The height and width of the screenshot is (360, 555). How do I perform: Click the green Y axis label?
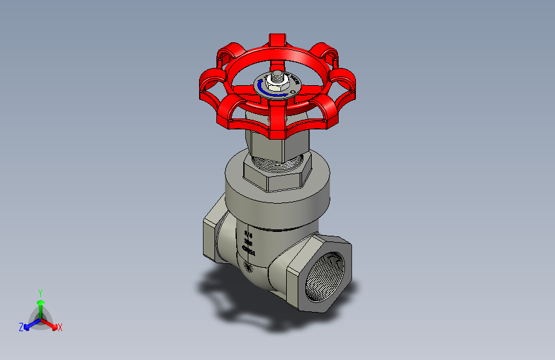(x=40, y=292)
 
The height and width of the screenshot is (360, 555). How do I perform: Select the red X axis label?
(x=60, y=327)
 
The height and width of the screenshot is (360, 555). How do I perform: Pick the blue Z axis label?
(x=21, y=327)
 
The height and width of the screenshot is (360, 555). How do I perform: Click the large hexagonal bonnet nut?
(x=278, y=176)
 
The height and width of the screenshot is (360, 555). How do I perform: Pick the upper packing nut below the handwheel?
(x=269, y=143)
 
